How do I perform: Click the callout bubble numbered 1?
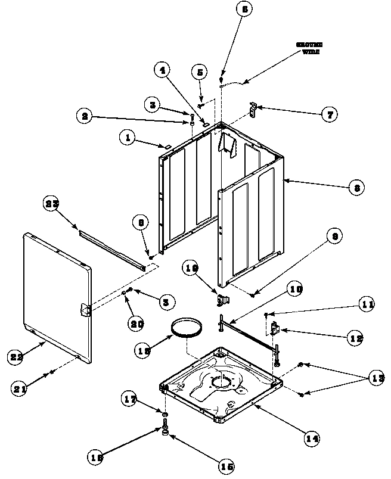[x=126, y=138]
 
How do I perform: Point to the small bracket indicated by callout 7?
[x=253, y=108]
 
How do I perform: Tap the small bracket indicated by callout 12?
[x=275, y=328]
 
